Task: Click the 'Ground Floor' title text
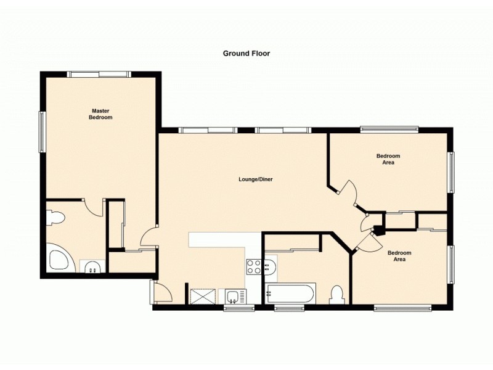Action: coord(246,54)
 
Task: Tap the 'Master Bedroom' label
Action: coord(100,114)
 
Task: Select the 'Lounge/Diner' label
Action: coord(256,179)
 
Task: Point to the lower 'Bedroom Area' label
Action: coord(399,256)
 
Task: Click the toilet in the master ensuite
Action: coord(55,218)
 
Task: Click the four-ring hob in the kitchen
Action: coord(253,266)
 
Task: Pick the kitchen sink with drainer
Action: coord(235,297)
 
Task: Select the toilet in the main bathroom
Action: coord(336,294)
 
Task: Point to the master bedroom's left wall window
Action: coord(43,131)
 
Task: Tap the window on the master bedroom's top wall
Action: coord(99,74)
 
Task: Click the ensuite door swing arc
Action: coord(94,208)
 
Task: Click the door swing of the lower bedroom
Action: coord(368,244)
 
